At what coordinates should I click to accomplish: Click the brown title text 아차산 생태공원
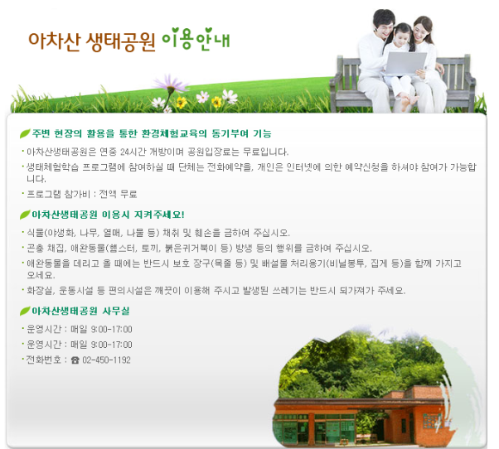click(x=92, y=41)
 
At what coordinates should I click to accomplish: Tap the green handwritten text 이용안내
click(x=196, y=39)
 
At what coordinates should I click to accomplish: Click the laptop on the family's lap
click(x=405, y=64)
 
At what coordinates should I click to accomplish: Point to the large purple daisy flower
click(x=170, y=83)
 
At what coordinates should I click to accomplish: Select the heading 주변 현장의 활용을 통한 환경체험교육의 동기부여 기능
click(x=152, y=133)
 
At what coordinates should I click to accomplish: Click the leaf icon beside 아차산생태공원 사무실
click(x=25, y=311)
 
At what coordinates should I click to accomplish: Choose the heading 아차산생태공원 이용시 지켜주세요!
click(x=109, y=215)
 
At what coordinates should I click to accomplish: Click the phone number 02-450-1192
click(x=107, y=360)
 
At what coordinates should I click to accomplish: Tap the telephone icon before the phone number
click(x=75, y=360)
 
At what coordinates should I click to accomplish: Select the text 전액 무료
click(x=118, y=194)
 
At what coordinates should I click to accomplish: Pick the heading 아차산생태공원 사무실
click(x=80, y=311)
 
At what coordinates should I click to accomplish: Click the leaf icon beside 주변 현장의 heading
click(x=25, y=133)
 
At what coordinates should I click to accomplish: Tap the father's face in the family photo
click(x=385, y=26)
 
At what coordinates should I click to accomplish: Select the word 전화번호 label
click(x=44, y=360)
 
